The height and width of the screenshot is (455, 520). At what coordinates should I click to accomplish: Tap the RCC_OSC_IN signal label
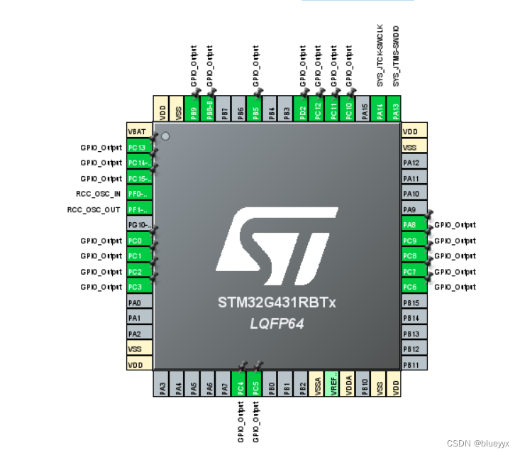[99, 194]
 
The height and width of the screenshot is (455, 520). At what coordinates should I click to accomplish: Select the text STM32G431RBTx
[277, 304]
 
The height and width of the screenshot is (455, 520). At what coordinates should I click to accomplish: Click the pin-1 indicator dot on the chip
[165, 136]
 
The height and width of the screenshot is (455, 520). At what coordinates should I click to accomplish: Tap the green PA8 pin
[414, 225]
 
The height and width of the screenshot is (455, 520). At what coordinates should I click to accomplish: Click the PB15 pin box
[414, 303]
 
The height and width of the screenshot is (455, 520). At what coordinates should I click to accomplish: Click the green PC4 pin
[240, 383]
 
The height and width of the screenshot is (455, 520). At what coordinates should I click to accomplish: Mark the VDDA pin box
[349, 383]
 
